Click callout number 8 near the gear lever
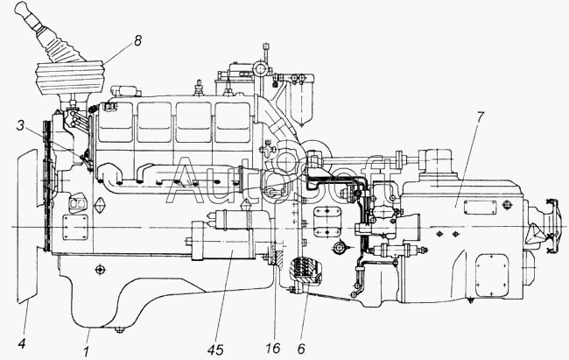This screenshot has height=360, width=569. [137, 40]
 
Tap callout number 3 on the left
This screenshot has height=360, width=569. [20, 125]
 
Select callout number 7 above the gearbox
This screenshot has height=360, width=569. [481, 117]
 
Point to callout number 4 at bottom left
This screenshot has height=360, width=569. [22, 342]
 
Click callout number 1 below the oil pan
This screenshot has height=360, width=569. [86, 351]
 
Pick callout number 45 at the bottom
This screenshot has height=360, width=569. [215, 350]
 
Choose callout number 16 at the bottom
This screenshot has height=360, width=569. [273, 348]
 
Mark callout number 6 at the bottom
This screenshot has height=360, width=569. [301, 349]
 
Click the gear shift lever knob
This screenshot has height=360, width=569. [23, 10]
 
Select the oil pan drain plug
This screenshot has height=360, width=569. [119, 329]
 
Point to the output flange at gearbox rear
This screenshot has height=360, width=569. [551, 225]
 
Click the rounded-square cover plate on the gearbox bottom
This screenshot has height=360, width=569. [492, 275]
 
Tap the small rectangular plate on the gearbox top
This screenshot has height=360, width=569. [480, 207]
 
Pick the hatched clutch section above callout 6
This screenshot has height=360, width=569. [304, 270]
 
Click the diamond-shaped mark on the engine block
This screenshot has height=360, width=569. [99, 207]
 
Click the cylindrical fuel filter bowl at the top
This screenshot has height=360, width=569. [300, 104]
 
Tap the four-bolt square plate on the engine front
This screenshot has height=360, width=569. [75, 227]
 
